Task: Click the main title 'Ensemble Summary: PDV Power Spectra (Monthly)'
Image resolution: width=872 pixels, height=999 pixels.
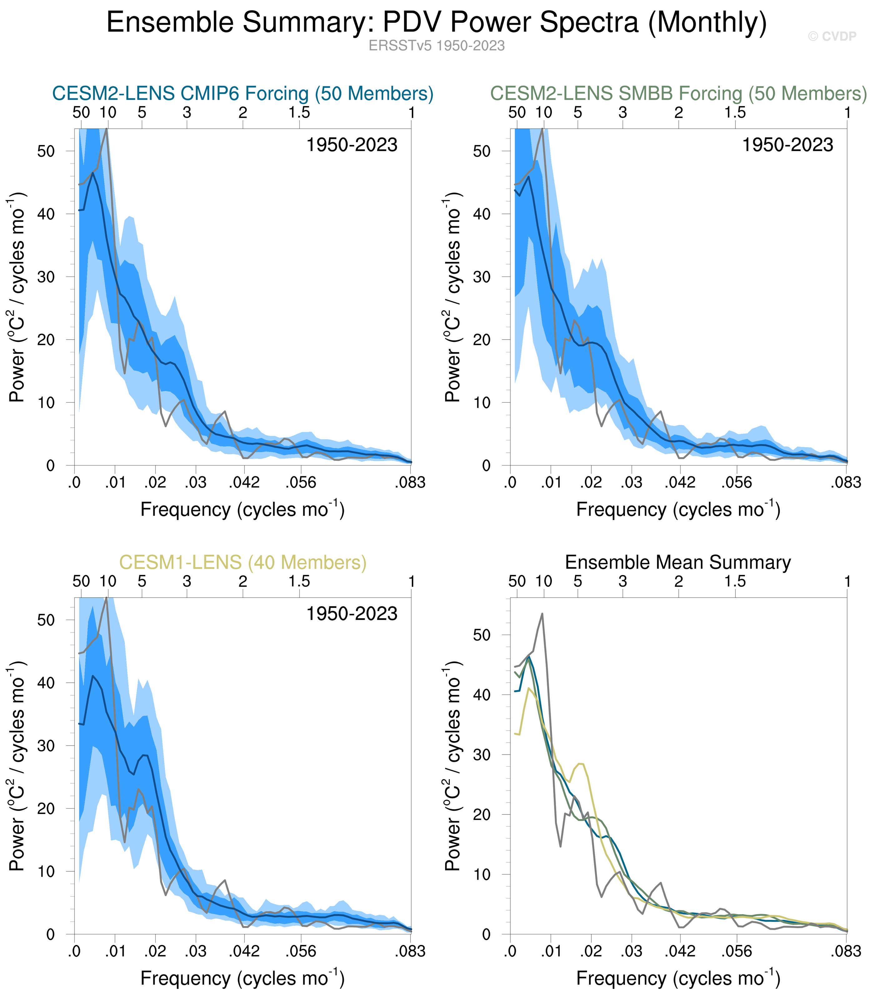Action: coord(437,22)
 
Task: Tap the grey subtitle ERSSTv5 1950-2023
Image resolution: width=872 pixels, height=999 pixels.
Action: coord(437,46)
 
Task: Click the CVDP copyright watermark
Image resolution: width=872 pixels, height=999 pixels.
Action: coord(832,37)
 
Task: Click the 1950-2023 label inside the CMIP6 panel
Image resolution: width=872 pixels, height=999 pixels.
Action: coord(351,145)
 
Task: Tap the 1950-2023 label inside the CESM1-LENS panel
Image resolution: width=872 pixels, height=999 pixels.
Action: coord(351,614)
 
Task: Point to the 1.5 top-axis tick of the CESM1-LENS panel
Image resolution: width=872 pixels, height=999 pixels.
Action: coord(299,581)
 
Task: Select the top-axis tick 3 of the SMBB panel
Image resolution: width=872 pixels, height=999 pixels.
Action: coord(623,113)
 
